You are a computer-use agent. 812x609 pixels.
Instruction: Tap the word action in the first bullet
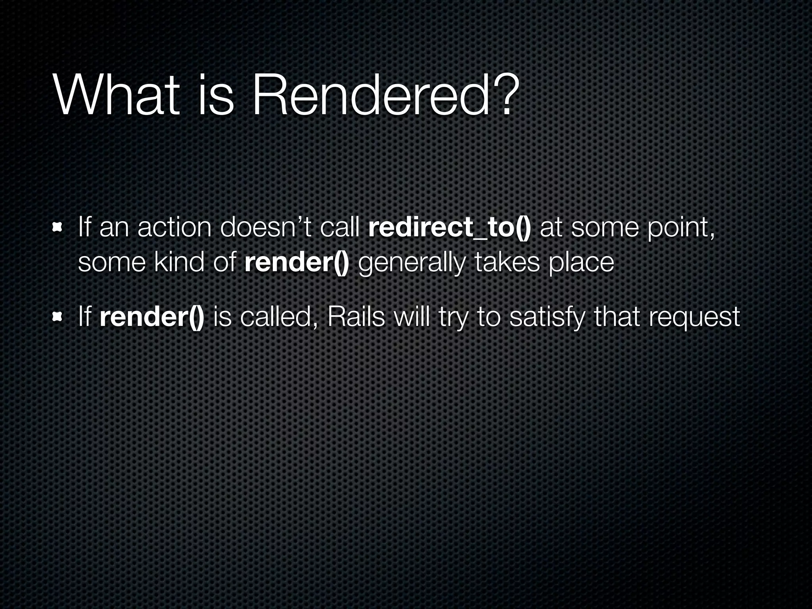click(174, 229)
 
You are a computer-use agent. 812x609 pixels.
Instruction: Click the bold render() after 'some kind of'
click(297, 262)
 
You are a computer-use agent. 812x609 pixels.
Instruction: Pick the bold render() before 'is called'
click(152, 317)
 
